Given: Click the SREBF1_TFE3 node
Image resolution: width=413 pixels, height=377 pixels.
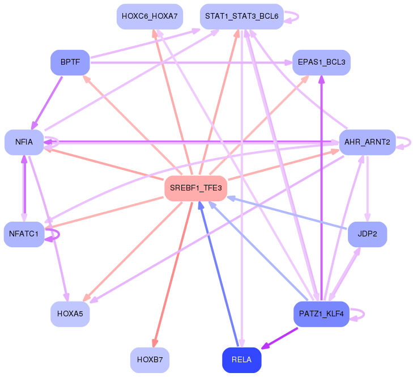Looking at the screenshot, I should pos(195,188).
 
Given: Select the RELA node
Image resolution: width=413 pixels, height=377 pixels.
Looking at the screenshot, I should pos(241,360).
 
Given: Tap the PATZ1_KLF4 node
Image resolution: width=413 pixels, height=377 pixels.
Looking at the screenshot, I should pos(321,314).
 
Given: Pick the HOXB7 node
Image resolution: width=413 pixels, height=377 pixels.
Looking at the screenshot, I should pos(150,360).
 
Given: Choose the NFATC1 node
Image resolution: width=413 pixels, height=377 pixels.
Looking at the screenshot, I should pos(24,234).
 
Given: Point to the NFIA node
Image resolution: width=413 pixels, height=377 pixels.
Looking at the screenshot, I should pos(24,142).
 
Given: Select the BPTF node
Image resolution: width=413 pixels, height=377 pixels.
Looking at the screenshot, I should pos(70,62).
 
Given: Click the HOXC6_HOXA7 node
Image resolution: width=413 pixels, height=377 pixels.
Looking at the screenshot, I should pos(150,16).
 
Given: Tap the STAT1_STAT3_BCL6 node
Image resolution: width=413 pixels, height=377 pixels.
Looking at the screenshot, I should pos(241,16).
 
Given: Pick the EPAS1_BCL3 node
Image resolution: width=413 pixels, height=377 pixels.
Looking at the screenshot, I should pos(321,62).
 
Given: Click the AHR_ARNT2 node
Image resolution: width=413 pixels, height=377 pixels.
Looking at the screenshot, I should pos(367,142).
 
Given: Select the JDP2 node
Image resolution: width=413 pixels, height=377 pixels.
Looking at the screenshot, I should pos(367,234).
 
